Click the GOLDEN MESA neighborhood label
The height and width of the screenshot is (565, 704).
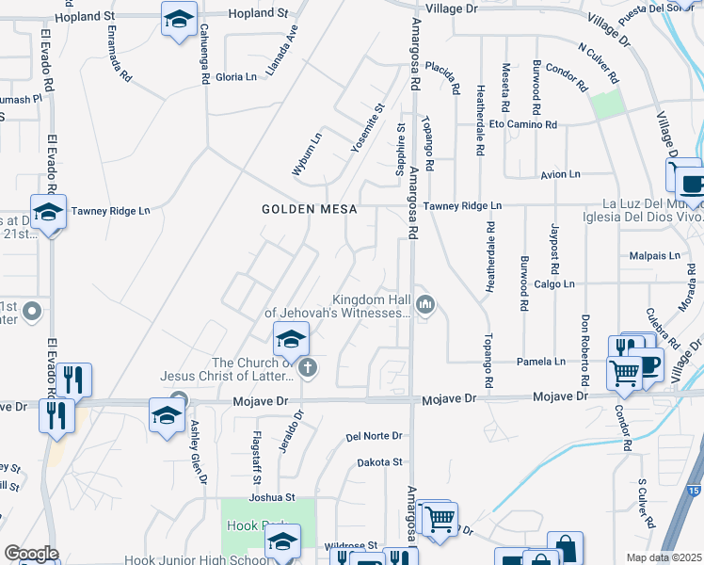click(310, 209)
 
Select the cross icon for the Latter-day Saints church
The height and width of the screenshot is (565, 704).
click(308, 370)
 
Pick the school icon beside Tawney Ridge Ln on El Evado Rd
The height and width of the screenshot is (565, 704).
click(48, 212)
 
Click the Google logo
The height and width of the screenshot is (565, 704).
click(31, 554)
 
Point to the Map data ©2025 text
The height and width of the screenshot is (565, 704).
click(664, 557)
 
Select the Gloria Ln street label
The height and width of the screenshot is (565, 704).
click(236, 76)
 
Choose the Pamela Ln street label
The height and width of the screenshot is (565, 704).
click(540, 361)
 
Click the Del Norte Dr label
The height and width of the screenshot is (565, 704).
click(374, 436)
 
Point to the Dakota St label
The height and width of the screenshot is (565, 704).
click(379, 462)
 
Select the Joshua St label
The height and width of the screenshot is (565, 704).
click(272, 496)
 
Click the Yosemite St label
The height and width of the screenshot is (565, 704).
click(367, 128)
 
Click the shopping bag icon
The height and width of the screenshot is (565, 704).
click(566, 547)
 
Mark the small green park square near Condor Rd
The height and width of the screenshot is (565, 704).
click(608, 105)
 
